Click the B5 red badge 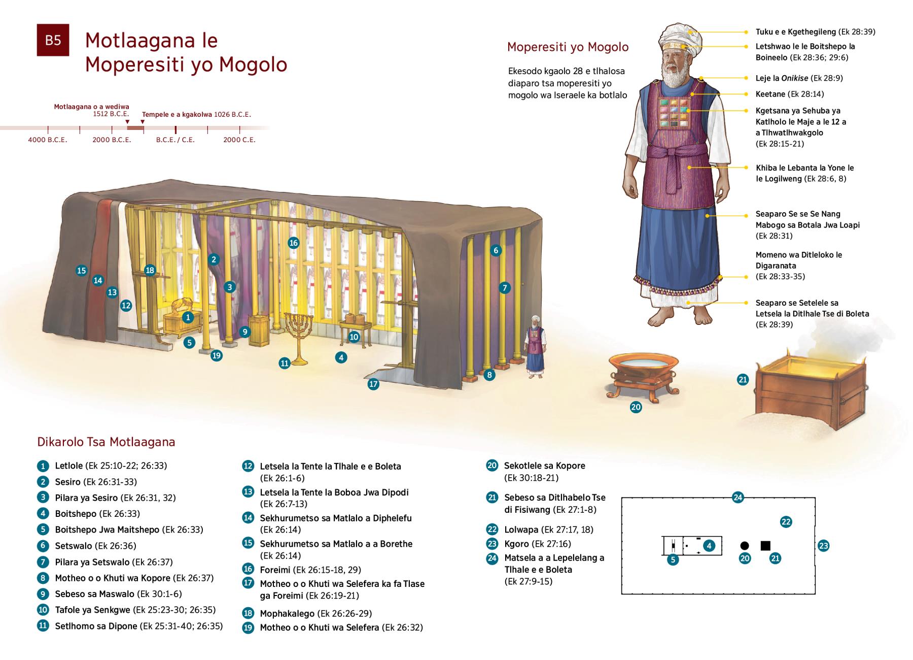click(53, 40)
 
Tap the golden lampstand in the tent click(298, 335)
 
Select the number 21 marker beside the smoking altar click(743, 379)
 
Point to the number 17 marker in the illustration click(373, 384)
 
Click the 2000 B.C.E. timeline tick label click(112, 140)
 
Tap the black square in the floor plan click(765, 546)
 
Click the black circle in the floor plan click(744, 546)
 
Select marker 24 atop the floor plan click(738, 498)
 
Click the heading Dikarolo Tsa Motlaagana click(106, 442)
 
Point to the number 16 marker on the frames click(293, 243)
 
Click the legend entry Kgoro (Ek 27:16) click(537, 544)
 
